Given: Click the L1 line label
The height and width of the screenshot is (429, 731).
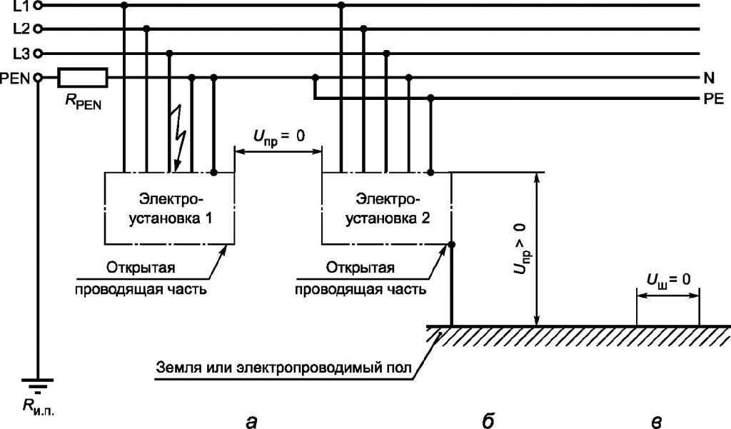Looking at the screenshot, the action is [x=21, y=6].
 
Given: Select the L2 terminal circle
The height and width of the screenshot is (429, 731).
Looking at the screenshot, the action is [x=39, y=29].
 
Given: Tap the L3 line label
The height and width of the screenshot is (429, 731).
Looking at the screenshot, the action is [x=21, y=54].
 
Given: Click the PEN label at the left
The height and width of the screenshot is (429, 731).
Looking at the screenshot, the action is [x=16, y=79].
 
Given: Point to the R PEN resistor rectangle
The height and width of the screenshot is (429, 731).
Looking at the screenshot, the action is [x=83, y=77].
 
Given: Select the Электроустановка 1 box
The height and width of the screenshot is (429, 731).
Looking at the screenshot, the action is [x=169, y=208].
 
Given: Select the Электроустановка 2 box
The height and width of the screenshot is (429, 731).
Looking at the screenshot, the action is [x=386, y=208].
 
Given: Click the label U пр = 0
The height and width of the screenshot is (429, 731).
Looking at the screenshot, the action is [x=279, y=137].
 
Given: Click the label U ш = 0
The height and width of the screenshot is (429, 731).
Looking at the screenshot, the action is [x=667, y=280].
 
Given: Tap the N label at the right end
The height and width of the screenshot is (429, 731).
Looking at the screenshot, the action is [x=709, y=78].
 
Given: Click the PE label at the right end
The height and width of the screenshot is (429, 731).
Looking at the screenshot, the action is [x=713, y=99].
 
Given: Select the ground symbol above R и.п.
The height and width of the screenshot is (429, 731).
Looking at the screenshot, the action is [x=38, y=384].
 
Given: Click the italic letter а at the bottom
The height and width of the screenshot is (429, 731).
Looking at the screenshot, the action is [x=251, y=421].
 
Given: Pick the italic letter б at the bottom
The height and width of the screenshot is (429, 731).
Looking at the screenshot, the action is [x=487, y=420].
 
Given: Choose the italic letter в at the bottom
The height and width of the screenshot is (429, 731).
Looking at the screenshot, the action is [x=655, y=421].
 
